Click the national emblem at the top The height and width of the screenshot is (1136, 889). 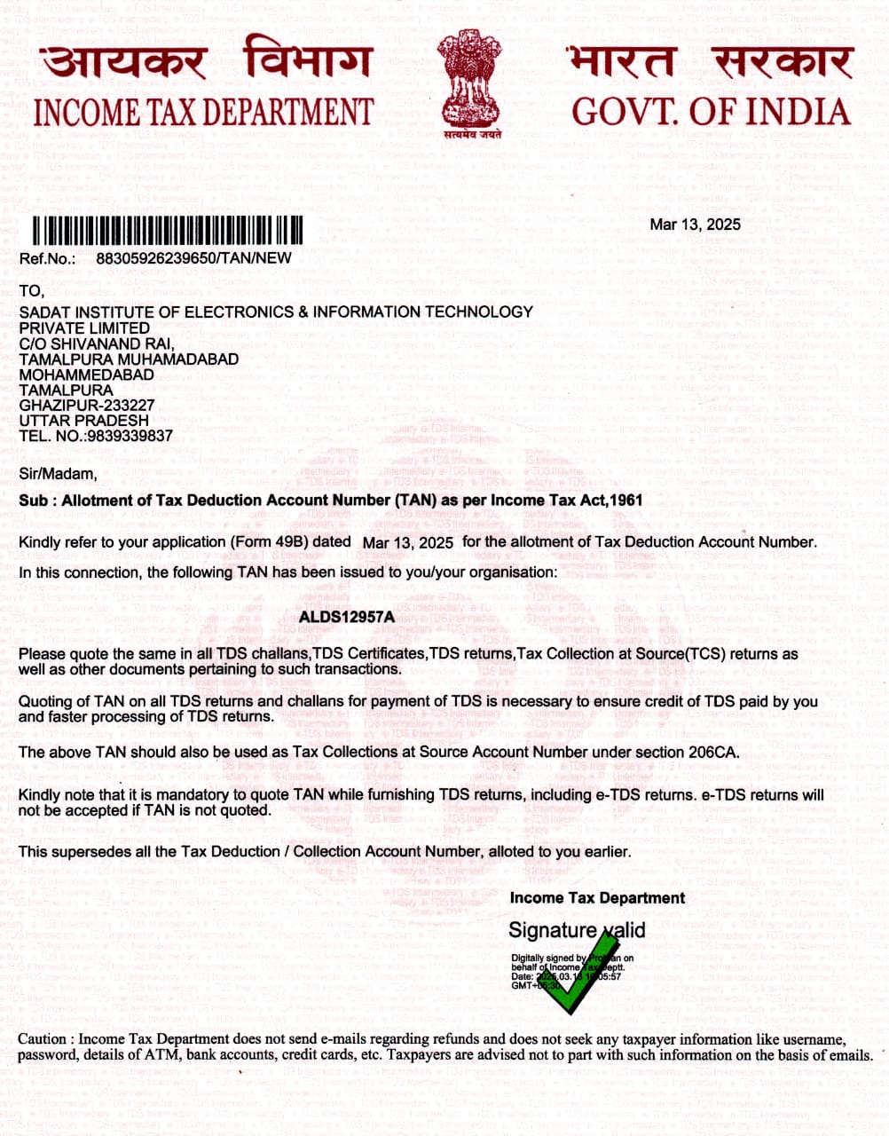click(469, 84)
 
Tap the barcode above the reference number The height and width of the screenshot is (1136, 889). click(168, 231)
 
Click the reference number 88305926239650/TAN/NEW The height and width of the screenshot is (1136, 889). click(193, 258)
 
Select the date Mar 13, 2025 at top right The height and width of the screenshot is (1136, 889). click(695, 225)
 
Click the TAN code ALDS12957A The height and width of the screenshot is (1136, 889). click(346, 616)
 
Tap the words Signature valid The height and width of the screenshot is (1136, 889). click(577, 930)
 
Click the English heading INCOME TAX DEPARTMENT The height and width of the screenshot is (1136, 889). click(203, 113)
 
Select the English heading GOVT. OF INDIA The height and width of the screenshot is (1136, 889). click(711, 112)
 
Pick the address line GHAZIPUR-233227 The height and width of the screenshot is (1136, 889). click(87, 406)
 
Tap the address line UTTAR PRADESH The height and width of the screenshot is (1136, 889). click(84, 421)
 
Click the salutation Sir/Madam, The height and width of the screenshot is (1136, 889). click(58, 474)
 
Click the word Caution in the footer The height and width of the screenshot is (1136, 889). click(43, 1039)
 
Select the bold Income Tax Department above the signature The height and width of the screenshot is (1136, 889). click(597, 898)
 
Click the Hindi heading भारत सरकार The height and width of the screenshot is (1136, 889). click(710, 62)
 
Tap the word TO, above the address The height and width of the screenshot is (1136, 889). click(31, 291)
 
